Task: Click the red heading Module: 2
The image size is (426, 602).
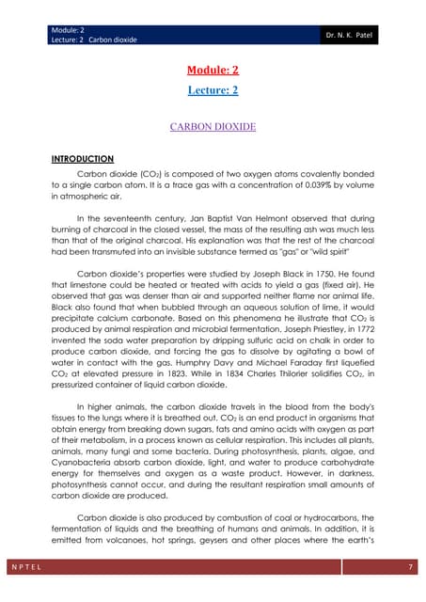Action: coord(213,71)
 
